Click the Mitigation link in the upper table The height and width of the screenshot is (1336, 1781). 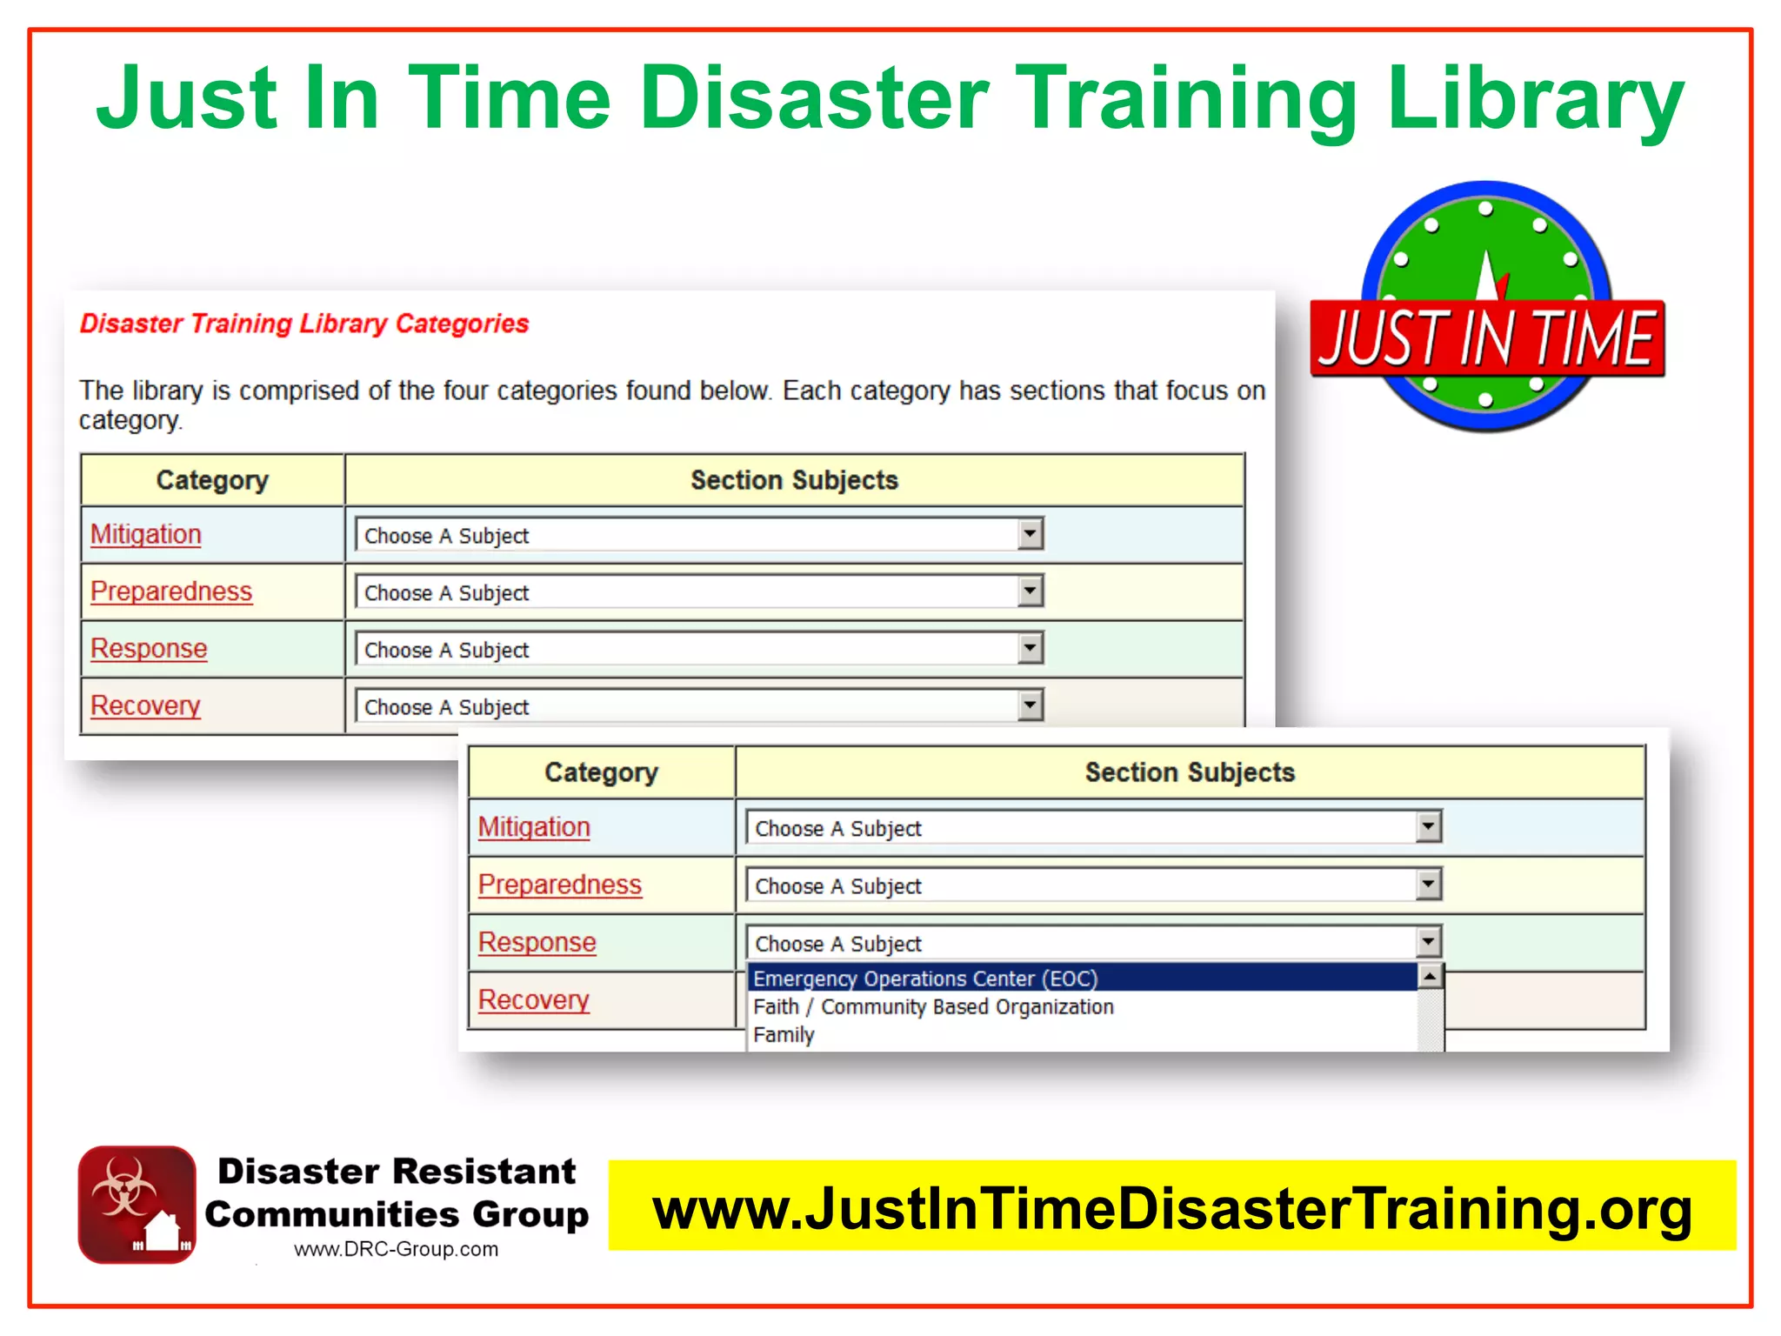point(145,534)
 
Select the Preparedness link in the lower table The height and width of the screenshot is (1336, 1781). point(559,885)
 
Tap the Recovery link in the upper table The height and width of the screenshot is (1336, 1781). point(145,705)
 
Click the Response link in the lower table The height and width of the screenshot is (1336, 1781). point(537,942)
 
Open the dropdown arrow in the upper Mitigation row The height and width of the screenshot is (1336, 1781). point(1030,533)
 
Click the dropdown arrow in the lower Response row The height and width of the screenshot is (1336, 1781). point(1428,941)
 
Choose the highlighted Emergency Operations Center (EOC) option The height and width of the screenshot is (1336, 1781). point(925,979)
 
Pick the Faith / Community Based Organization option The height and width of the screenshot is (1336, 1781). point(932,1006)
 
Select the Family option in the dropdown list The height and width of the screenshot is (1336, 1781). point(784,1035)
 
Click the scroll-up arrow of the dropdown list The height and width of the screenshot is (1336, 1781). point(1431,977)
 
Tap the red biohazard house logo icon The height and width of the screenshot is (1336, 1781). point(137,1205)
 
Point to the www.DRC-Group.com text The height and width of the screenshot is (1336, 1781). point(396,1249)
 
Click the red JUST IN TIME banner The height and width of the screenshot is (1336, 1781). point(1486,338)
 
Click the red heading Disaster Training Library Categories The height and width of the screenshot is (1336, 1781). point(304,324)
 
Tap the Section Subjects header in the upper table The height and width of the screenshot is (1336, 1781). point(794,480)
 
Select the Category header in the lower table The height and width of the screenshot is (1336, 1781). point(601,772)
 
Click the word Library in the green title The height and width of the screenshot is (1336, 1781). point(1536,99)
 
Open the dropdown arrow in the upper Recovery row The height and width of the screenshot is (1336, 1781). point(1030,705)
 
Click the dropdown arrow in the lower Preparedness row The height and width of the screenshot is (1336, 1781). point(1428,885)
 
